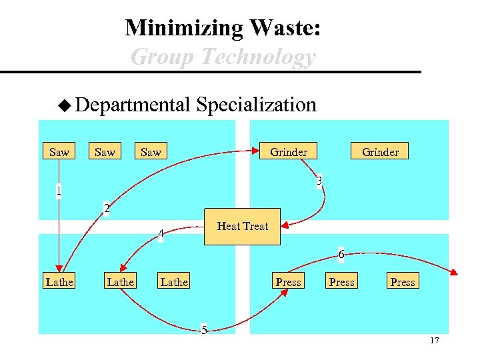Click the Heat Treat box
coord(243,226)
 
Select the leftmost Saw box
coord(59,152)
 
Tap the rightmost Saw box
coord(151,152)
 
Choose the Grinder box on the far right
coord(380,152)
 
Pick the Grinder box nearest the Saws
coord(289,152)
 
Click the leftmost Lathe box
coord(59,282)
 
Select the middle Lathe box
coord(121,282)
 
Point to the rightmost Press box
coord(402,282)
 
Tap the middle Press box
coord(342,282)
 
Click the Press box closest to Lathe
coord(289,282)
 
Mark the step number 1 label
coord(59,191)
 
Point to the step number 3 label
coord(320,181)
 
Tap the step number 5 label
coord(204,330)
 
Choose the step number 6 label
coord(341,255)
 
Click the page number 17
coord(435,341)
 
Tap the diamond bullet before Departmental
coord(64,105)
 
